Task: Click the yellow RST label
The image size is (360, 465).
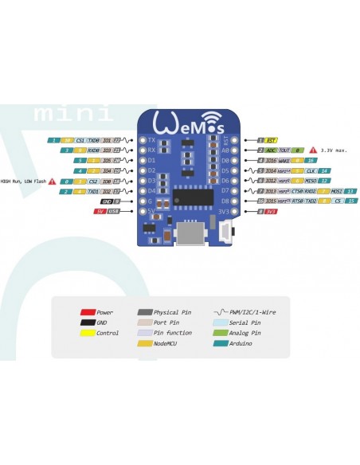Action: (272, 139)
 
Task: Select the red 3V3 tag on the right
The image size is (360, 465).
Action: (271, 212)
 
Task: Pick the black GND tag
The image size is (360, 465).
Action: (106, 201)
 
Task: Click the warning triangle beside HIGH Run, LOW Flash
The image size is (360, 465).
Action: (53, 181)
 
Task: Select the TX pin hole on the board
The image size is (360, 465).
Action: (143, 139)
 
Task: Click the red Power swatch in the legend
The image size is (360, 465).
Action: (88, 312)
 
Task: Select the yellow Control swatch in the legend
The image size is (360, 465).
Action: (88, 332)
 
